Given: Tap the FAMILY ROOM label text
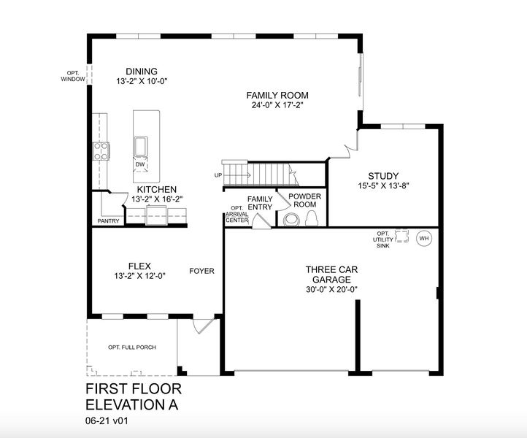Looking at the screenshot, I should (x=277, y=95).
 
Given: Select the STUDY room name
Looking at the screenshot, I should (x=383, y=175).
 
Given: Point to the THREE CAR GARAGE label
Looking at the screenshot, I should (x=332, y=274).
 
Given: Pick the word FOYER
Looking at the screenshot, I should (x=202, y=271).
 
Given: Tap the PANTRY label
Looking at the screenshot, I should (x=108, y=221).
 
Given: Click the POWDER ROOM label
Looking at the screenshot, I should (x=304, y=201).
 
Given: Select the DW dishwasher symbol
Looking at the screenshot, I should (x=140, y=165).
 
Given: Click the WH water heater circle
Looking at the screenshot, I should (x=423, y=238).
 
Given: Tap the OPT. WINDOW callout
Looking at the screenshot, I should (x=74, y=75).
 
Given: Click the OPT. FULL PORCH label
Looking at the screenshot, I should (x=132, y=347).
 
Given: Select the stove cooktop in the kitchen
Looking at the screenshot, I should (x=101, y=151).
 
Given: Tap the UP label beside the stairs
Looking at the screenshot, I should (x=218, y=175).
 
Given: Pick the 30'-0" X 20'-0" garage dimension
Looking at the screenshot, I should (x=332, y=289).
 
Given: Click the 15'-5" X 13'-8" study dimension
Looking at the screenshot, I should (x=383, y=186).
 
